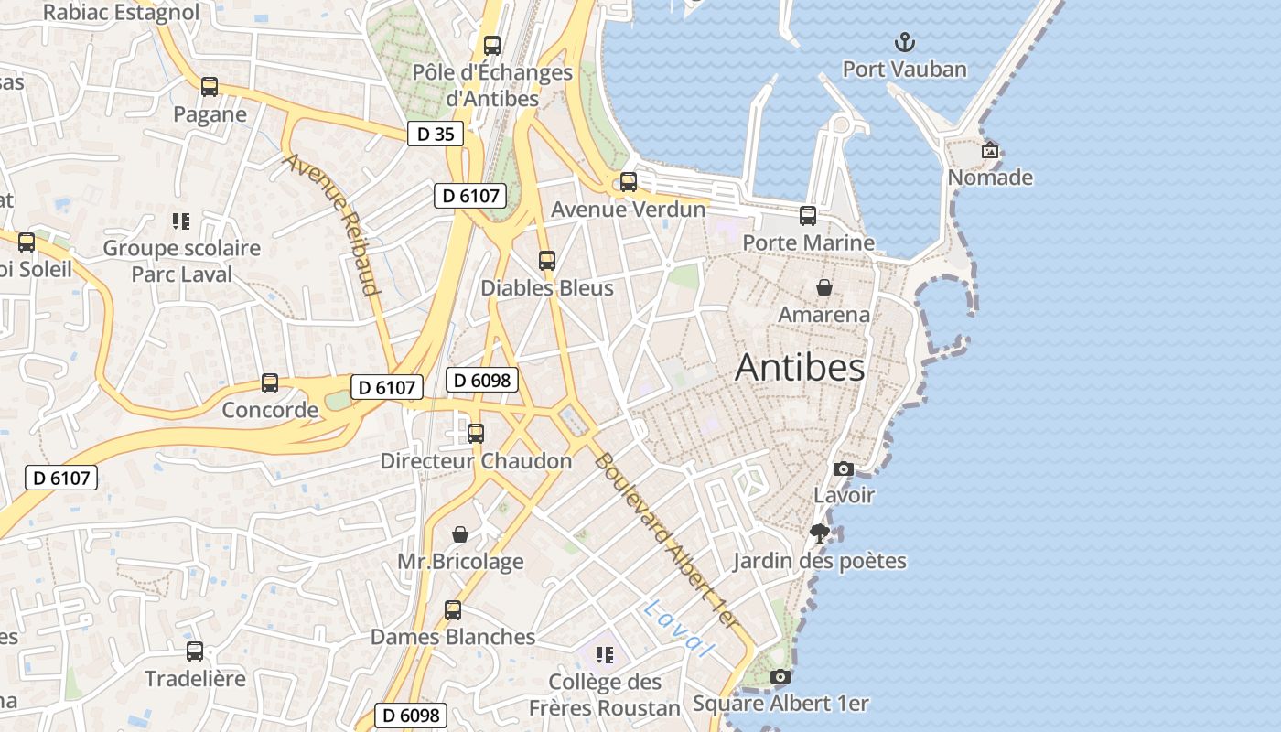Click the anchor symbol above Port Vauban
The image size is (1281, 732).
(904, 42)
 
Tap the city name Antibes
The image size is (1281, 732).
(799, 368)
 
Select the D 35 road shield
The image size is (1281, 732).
(436, 134)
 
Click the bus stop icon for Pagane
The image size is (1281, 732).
(210, 87)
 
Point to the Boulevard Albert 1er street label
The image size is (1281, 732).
(665, 540)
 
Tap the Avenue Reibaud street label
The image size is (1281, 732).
(331, 225)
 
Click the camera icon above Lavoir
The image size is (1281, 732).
(844, 469)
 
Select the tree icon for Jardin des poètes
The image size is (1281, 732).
(820, 533)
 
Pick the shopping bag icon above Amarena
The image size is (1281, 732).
(824, 288)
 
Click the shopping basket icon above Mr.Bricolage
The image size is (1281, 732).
(460, 534)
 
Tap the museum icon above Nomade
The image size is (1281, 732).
(989, 151)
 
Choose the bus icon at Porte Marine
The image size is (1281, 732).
(808, 216)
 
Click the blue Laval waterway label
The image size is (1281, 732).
(678, 629)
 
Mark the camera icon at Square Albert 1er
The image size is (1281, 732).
(780, 677)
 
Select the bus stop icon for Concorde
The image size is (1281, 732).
(270, 383)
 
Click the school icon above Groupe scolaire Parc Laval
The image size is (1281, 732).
(181, 221)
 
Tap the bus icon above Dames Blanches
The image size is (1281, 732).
(453, 610)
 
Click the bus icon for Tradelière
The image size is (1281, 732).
(195, 651)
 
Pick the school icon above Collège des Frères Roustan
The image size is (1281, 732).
(604, 654)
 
